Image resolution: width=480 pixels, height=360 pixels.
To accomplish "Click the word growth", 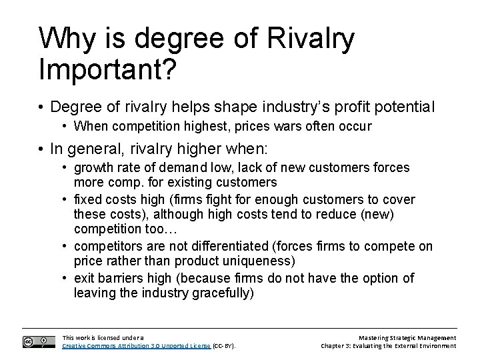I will point(93,167).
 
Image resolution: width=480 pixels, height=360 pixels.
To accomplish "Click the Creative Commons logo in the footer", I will point(39,341).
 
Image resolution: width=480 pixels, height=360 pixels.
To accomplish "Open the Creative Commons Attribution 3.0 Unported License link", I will point(136,346).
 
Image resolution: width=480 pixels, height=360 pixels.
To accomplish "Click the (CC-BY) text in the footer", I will point(224,346).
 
